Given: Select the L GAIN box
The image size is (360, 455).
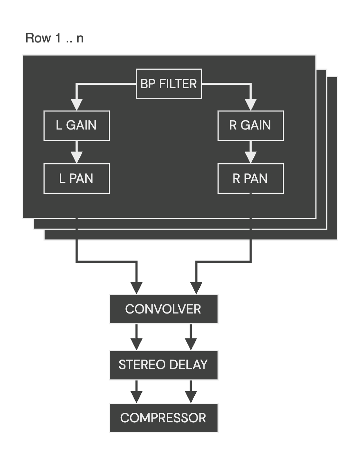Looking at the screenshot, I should click(x=76, y=126).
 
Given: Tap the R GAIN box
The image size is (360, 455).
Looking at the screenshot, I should click(x=251, y=126).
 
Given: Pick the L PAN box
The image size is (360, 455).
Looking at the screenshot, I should click(x=76, y=179).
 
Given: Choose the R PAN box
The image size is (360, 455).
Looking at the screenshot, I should click(x=251, y=179).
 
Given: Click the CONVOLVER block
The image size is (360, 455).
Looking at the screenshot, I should click(x=164, y=309).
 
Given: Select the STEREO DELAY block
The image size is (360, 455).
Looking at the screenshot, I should click(x=164, y=365).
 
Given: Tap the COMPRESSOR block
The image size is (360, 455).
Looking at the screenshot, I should click(x=164, y=418).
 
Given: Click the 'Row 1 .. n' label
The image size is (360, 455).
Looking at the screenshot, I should click(x=54, y=38).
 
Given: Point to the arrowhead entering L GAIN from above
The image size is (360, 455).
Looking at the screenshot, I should click(x=76, y=104).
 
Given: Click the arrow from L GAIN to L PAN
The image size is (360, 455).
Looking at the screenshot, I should click(x=76, y=152).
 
